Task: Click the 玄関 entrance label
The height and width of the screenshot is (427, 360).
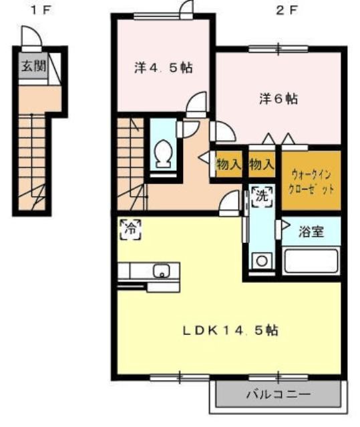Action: (x=33, y=66)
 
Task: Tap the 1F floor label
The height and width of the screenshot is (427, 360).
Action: (x=41, y=11)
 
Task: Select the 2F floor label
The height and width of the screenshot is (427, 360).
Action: (x=286, y=11)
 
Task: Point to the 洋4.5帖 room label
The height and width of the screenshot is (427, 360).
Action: (x=163, y=68)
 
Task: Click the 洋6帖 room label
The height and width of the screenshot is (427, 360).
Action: (x=279, y=99)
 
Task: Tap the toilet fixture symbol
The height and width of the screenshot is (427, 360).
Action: (x=163, y=153)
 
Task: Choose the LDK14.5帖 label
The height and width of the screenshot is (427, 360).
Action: (x=230, y=330)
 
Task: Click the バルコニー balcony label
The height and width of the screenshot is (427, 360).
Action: (x=279, y=394)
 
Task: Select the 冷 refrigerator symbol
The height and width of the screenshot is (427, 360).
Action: (x=131, y=230)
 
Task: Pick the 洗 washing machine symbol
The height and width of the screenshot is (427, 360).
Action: (x=262, y=197)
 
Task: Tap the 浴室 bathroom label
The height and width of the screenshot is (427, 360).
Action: (x=311, y=232)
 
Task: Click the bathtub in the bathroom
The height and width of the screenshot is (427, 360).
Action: (x=311, y=261)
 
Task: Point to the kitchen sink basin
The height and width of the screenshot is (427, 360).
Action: (x=162, y=271)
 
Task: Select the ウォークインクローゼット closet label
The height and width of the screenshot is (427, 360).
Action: (x=311, y=181)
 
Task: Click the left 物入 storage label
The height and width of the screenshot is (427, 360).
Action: (x=229, y=164)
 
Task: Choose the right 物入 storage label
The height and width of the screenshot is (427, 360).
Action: (x=262, y=164)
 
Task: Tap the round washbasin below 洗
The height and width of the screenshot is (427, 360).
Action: (x=262, y=261)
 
